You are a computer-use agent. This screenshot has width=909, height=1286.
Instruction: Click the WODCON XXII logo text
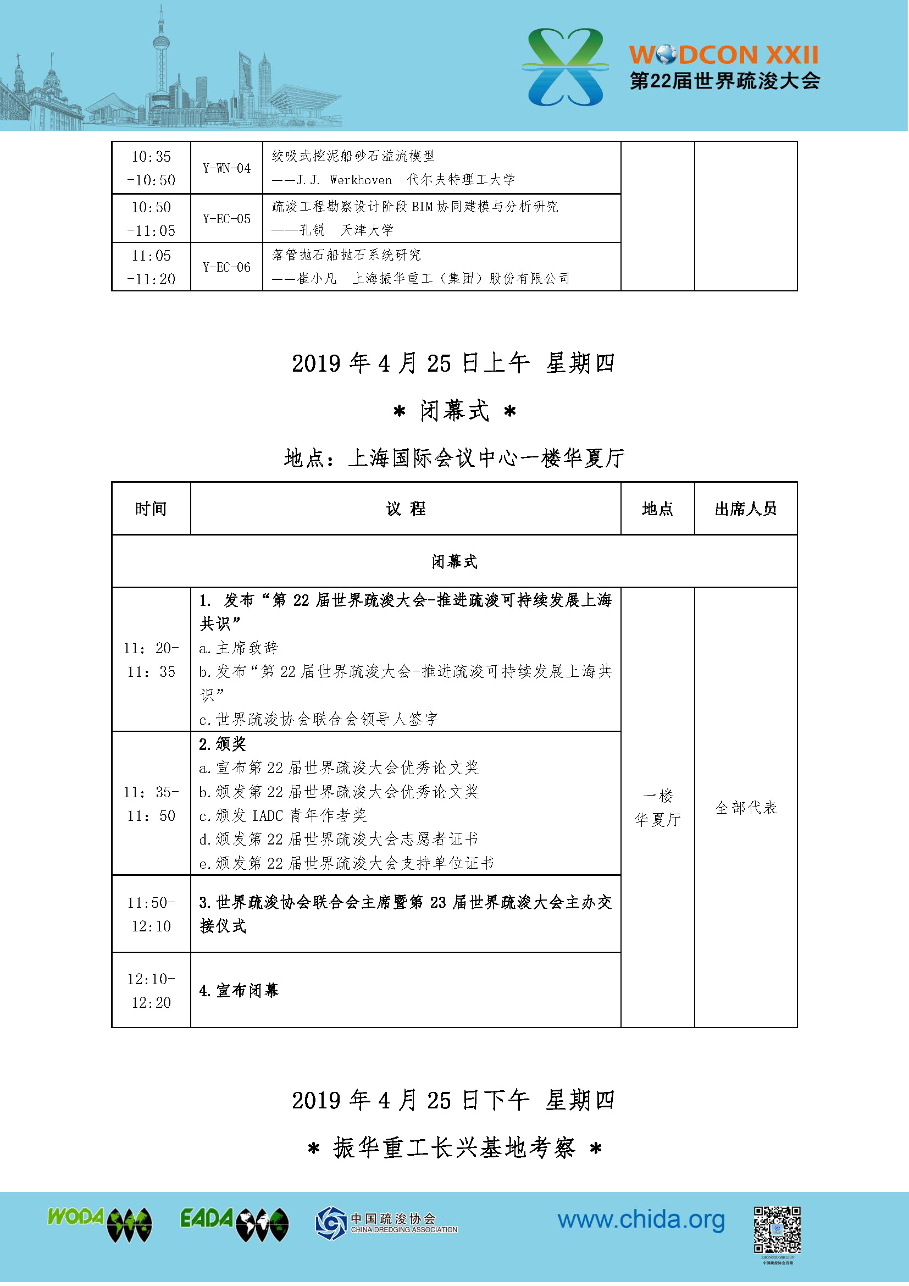click(724, 55)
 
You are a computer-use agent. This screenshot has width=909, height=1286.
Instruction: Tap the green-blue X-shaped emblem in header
click(566, 67)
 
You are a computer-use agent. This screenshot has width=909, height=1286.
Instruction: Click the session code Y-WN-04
click(226, 168)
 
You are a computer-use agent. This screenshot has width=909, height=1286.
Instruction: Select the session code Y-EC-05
click(226, 218)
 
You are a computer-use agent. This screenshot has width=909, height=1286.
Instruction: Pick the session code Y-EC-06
click(226, 267)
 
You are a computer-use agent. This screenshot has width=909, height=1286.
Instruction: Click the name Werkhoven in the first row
click(361, 180)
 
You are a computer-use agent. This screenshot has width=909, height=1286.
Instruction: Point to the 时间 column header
click(151, 509)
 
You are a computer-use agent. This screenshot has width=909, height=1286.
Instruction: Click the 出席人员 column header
click(746, 509)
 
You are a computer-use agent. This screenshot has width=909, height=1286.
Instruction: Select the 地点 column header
click(657, 509)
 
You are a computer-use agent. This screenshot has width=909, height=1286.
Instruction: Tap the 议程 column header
click(406, 509)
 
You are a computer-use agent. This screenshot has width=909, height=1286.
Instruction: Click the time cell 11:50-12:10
click(151, 914)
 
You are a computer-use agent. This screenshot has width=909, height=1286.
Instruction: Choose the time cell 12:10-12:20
click(151, 990)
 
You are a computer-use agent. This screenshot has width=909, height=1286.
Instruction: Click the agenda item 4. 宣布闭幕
click(239, 991)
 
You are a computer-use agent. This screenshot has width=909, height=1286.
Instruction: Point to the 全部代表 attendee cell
click(746, 808)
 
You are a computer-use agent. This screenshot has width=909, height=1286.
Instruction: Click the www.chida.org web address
click(641, 1219)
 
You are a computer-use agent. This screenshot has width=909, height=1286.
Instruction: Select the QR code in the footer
click(777, 1229)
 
